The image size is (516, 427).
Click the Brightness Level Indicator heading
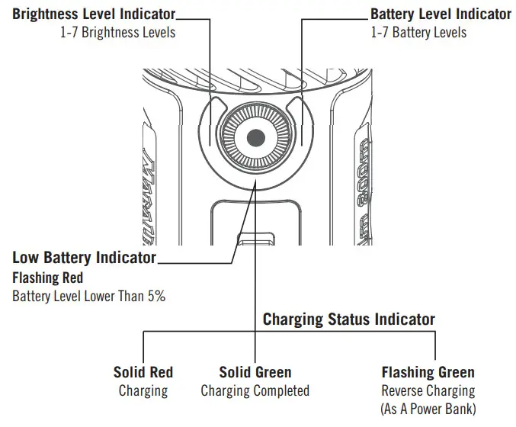tap(94, 14)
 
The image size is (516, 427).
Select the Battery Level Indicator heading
tap(441, 14)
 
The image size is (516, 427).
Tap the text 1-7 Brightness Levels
tap(117, 33)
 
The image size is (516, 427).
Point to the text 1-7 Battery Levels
tap(418, 33)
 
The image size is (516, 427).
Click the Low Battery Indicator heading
tap(84, 258)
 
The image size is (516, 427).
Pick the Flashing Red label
tap(48, 278)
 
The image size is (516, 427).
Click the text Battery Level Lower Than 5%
tap(88, 296)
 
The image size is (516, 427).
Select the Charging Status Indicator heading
tap(349, 319)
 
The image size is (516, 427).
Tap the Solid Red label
tap(143, 373)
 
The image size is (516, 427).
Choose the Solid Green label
tap(255, 373)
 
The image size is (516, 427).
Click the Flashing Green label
tap(428, 373)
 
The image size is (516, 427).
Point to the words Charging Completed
tap(255, 391)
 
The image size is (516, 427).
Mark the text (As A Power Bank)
tap(428, 409)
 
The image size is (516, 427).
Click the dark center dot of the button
tap(257, 138)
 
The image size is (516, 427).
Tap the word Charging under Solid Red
tap(143, 391)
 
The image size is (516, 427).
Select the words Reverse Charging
tap(428, 391)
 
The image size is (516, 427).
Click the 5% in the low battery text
tap(156, 296)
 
